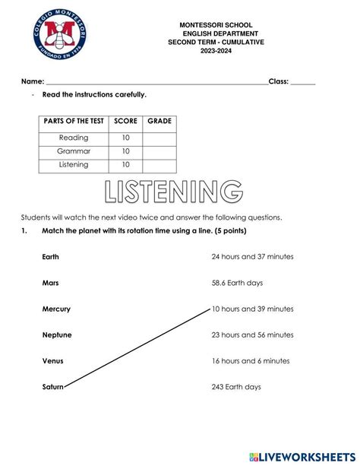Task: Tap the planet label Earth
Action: pyautogui.click(x=51, y=257)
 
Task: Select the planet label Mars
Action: pyautogui.click(x=51, y=283)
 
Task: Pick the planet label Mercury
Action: pyautogui.click(x=56, y=309)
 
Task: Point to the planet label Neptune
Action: pyautogui.click(x=57, y=335)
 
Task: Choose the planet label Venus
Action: pyautogui.click(x=53, y=361)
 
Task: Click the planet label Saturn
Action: pyautogui.click(x=53, y=387)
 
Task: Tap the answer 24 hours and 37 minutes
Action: pyautogui.click(x=252, y=257)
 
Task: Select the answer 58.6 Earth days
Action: pyautogui.click(x=237, y=283)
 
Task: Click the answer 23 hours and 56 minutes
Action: pyautogui.click(x=252, y=335)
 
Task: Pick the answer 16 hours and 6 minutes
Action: pyautogui.click(x=250, y=361)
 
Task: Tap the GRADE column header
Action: pyautogui.click(x=159, y=121)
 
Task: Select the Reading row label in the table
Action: pyautogui.click(x=74, y=138)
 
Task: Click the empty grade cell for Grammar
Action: pyautogui.click(x=159, y=151)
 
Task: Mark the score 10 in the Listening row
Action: pyautogui.click(x=125, y=165)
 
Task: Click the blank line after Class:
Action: pyautogui.click(x=302, y=81)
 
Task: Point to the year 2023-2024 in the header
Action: pyautogui.click(x=216, y=51)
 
